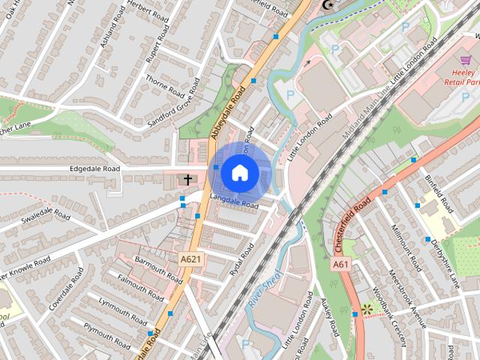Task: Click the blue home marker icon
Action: point(239,172)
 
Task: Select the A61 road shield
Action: point(341,264)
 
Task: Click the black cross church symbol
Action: point(187,180)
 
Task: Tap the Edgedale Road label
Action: point(94,169)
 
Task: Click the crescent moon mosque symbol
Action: point(327,4)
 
